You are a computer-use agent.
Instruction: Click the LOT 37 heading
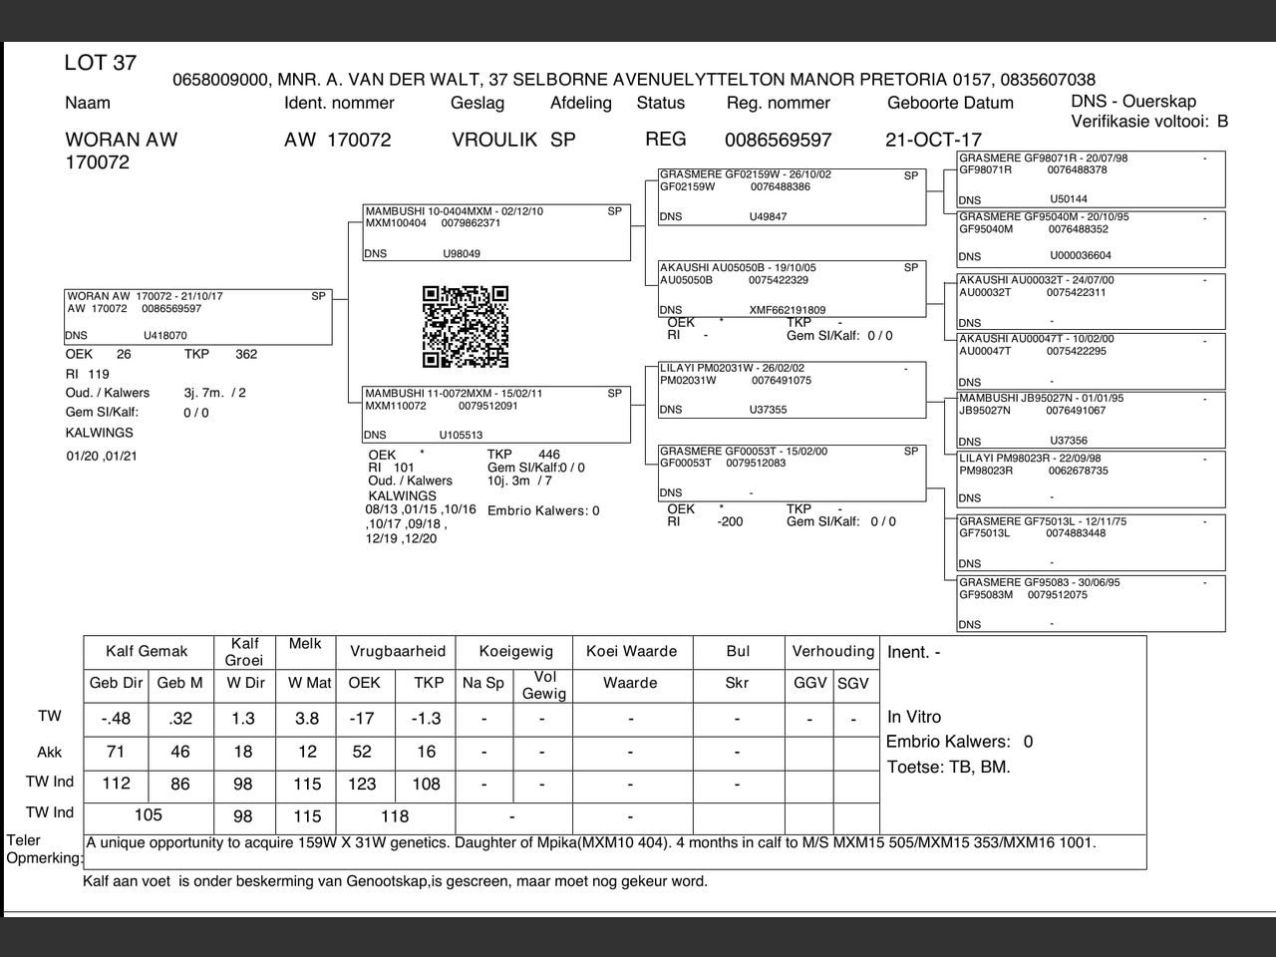[100, 63]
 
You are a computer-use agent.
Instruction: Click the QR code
[466, 327]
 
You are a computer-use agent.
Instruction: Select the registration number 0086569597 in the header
[778, 141]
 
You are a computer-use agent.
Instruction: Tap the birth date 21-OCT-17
[933, 141]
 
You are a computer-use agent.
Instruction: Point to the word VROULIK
[494, 141]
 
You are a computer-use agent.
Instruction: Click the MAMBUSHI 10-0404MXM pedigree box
[496, 232]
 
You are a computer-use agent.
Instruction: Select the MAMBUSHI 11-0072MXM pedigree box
[496, 414]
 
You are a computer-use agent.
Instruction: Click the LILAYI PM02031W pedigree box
[792, 389]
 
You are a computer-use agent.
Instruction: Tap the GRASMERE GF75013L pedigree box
[1091, 542]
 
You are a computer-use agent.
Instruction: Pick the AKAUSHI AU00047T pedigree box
[1091, 361]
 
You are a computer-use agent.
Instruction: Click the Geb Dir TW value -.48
[117, 719]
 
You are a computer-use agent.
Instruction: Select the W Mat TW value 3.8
[307, 719]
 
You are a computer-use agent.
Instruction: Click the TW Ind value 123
[362, 785]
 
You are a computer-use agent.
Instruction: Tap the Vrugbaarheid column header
[397, 652]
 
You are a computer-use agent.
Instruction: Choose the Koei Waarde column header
[631, 652]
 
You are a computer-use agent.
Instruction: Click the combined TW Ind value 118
[395, 816]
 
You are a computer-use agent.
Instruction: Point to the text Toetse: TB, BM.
[948, 768]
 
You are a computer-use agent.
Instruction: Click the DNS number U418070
[165, 336]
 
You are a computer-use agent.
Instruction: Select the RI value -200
[730, 521]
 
